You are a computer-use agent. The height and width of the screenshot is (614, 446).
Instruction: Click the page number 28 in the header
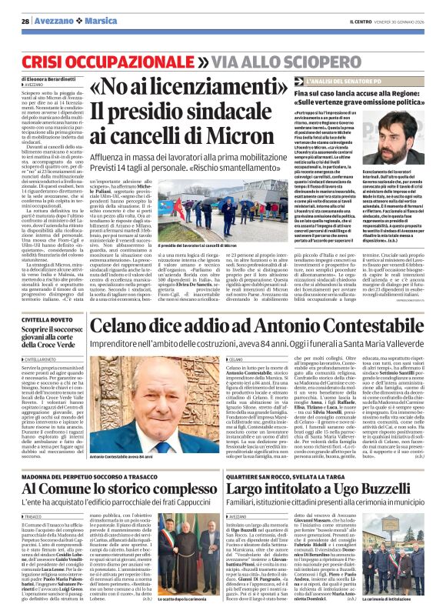pos(25,22)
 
